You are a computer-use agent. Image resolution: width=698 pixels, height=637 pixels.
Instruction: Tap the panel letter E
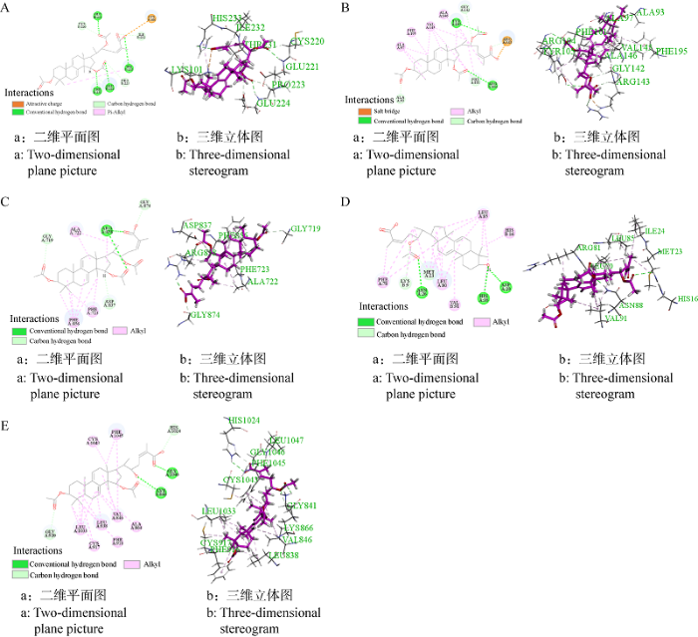click(8, 397)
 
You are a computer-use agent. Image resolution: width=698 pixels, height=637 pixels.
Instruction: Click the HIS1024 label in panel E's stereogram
click(242, 421)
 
